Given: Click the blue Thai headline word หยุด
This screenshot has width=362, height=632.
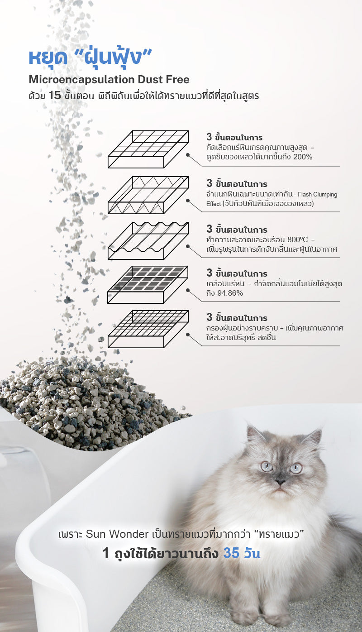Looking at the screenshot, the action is [x=48, y=57].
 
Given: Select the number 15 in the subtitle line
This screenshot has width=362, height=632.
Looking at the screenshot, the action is [x=55, y=96].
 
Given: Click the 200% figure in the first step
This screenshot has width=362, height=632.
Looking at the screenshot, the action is [x=303, y=157].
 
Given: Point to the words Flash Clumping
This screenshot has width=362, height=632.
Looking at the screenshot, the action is [x=318, y=194].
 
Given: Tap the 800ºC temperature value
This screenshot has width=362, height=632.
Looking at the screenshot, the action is [x=298, y=240].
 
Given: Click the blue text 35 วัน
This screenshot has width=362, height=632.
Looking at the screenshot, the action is [x=242, y=553].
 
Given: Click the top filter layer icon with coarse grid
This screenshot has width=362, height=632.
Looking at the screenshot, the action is [x=148, y=149].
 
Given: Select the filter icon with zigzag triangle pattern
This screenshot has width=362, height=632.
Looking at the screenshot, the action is [x=148, y=195].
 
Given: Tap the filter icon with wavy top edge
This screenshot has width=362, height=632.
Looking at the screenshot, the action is [x=148, y=241].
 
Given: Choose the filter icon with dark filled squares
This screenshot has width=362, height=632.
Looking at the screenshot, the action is [x=148, y=285].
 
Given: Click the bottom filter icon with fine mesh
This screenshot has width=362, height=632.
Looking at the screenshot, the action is [x=148, y=329].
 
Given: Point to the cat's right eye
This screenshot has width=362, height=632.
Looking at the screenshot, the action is [x=295, y=469].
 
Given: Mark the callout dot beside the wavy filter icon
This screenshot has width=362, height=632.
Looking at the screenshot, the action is [x=188, y=246].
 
